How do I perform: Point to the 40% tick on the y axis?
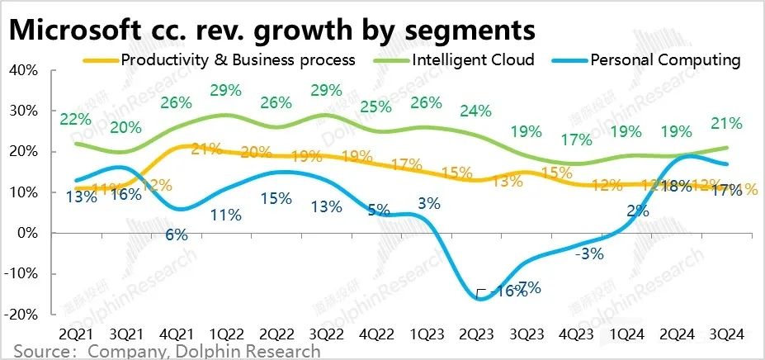pos(21,70)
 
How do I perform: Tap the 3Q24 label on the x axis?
pos(726,334)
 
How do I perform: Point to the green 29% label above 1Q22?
pos(225,88)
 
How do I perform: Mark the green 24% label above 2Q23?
pos(475,111)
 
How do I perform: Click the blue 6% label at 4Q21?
pos(176,234)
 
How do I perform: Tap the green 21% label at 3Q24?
pos(726,123)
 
